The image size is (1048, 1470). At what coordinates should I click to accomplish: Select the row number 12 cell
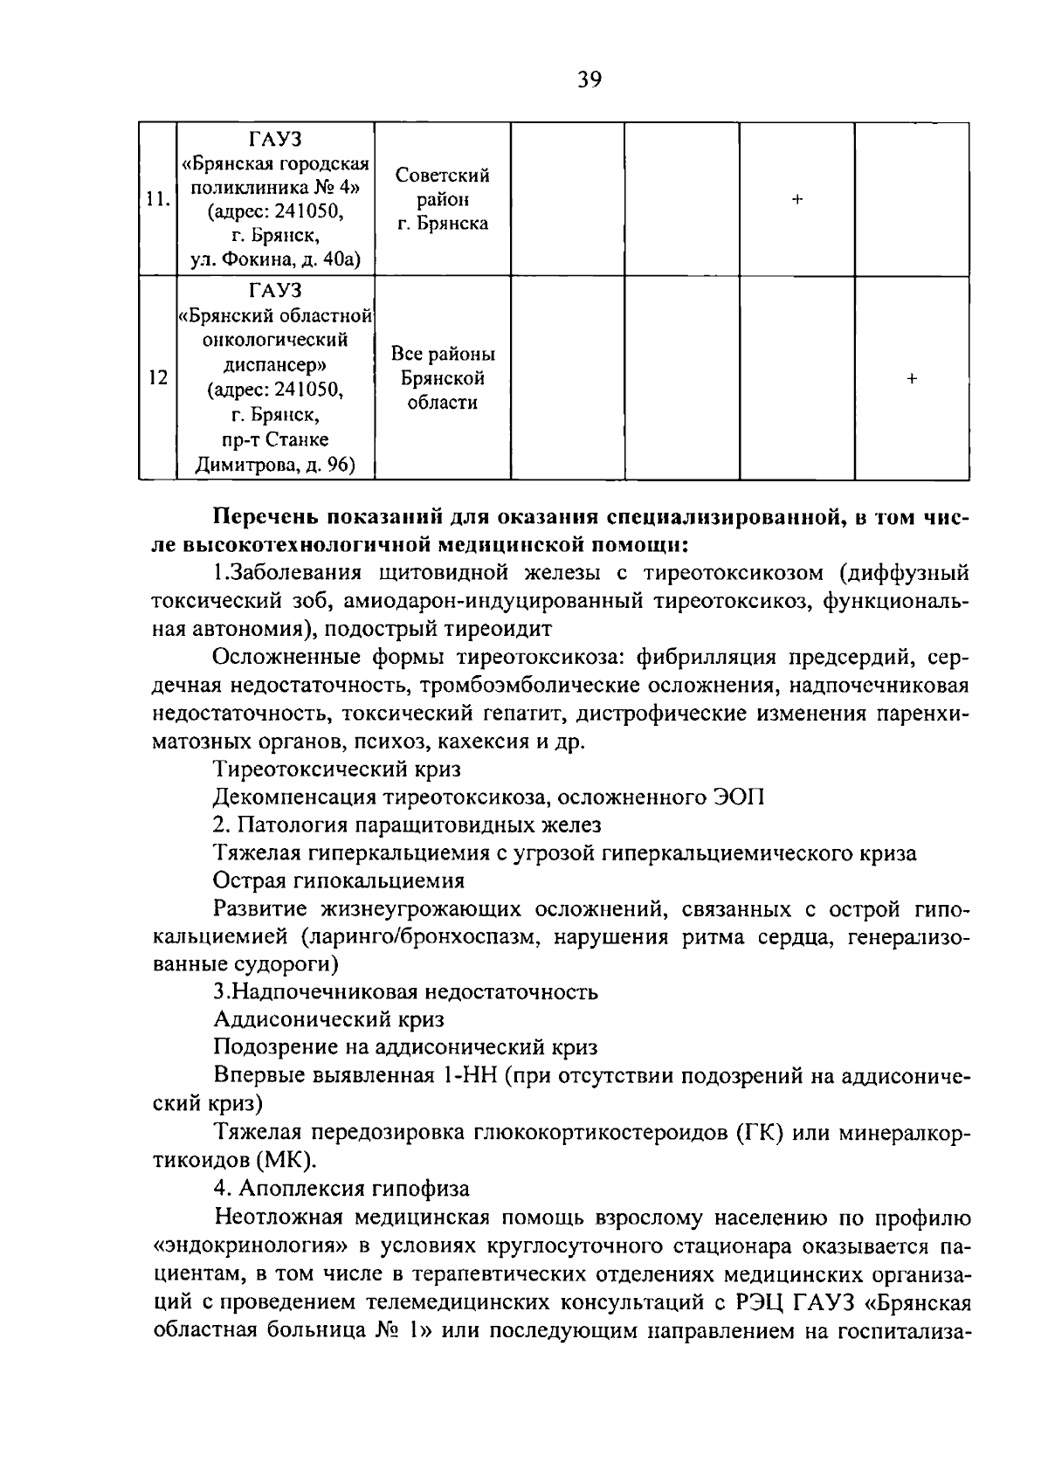[157, 378]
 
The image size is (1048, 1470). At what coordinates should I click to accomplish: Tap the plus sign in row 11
[796, 200]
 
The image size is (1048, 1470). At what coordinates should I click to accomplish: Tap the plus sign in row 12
[912, 378]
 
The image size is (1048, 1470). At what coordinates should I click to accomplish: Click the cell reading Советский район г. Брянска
[443, 200]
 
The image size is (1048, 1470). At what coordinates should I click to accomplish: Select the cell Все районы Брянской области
[443, 378]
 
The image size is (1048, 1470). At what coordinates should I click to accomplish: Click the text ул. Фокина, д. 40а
[276, 259]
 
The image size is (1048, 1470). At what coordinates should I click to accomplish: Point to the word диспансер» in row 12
[276, 364]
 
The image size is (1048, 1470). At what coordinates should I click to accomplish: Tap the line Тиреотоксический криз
[337, 769]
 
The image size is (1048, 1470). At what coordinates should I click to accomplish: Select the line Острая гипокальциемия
[339, 880]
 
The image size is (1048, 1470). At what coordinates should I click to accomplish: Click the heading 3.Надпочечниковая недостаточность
[405, 991]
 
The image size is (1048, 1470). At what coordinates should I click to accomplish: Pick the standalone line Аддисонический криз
[328, 1019]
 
